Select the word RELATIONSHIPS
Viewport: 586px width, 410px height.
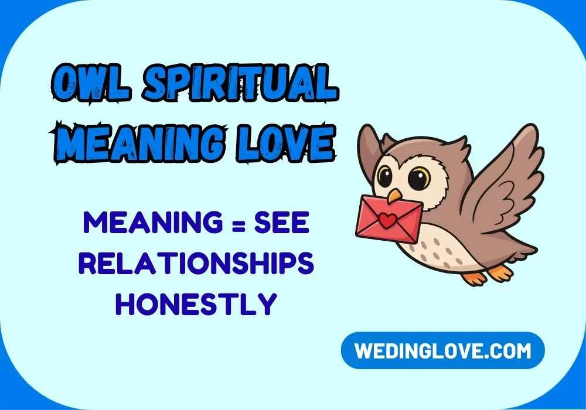(196, 265)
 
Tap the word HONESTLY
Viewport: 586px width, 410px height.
(196, 304)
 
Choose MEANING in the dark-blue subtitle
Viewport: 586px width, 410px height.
(153, 225)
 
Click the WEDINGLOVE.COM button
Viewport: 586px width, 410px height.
(442, 351)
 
